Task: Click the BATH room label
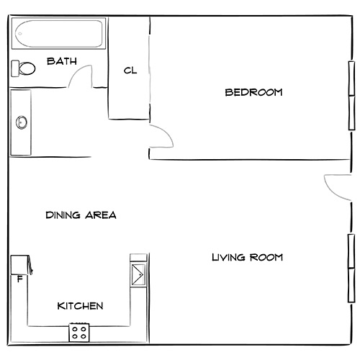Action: click(x=61, y=61)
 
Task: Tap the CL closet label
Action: click(x=130, y=70)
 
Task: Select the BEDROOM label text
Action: click(x=253, y=92)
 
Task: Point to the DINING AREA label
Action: click(x=81, y=215)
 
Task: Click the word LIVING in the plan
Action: click(x=228, y=257)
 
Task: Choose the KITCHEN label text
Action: click(x=80, y=306)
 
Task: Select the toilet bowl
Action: click(x=27, y=68)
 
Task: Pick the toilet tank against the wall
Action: click(x=14, y=68)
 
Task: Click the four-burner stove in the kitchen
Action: click(x=79, y=333)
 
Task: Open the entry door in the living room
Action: click(x=336, y=187)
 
